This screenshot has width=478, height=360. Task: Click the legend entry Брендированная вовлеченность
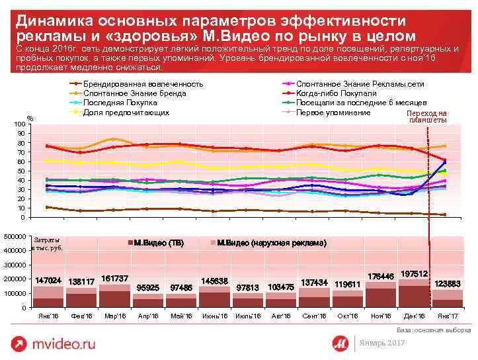click(143, 84)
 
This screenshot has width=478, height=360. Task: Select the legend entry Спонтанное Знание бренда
click(134, 93)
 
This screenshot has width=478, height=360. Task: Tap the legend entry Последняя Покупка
click(120, 103)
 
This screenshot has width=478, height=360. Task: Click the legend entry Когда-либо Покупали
click(336, 93)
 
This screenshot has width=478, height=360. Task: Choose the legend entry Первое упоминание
click(333, 112)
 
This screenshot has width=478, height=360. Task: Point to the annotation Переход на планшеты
click(428, 116)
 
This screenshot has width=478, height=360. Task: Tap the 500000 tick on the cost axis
click(15, 236)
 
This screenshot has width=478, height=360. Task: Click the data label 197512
click(413, 273)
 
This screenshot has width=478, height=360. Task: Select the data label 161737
click(115, 278)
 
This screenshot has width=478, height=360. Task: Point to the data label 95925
click(147, 287)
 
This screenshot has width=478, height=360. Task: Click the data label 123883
click(447, 283)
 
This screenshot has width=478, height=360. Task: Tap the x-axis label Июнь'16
click(214, 316)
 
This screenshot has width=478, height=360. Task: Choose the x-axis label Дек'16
click(413, 316)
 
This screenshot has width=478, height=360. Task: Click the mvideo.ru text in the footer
click(65, 343)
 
